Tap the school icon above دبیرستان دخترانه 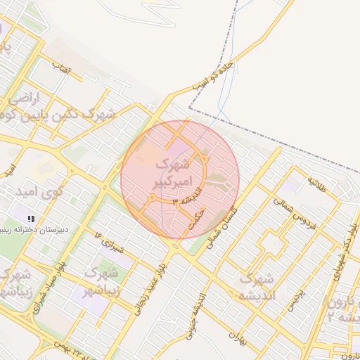coord(30,219)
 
